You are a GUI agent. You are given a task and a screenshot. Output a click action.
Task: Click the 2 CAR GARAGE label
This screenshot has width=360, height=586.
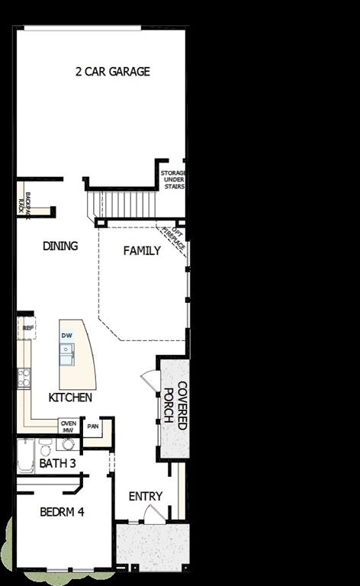pyautogui.click(x=112, y=72)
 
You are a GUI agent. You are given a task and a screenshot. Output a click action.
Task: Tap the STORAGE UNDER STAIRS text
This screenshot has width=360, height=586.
pyautogui.click(x=172, y=179)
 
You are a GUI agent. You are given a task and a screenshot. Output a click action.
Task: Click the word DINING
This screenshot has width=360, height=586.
pyautogui.click(x=59, y=246)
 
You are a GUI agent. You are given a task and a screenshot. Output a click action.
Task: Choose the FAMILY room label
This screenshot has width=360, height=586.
pyautogui.click(x=142, y=250)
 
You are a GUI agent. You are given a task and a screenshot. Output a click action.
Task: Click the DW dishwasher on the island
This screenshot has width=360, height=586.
pyautogui.click(x=67, y=336)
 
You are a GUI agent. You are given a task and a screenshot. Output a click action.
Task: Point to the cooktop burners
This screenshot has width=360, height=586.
pyautogui.click(x=24, y=375)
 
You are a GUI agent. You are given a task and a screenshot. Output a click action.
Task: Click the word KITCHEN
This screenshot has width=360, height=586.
pyautogui.click(x=70, y=398)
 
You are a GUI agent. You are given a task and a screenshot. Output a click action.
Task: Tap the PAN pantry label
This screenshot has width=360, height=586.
pyautogui.click(x=93, y=427)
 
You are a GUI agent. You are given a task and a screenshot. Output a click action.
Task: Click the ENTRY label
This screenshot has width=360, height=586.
pyautogui.click(x=145, y=496)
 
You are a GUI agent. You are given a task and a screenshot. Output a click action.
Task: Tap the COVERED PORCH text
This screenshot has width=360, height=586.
pyautogui.click(x=175, y=405)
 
